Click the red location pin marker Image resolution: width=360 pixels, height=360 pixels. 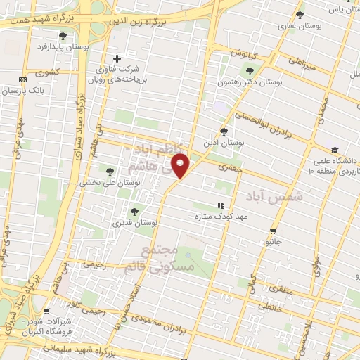pos(181,165)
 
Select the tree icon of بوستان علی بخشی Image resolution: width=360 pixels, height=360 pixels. pos(109,171)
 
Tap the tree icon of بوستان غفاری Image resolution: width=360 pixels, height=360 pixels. pos(300,15)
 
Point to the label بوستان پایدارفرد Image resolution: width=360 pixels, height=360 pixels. pos(64,47)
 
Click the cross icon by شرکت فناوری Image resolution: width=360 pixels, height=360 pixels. pos(117,58)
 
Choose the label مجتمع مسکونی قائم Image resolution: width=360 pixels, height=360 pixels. pos(148,259)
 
